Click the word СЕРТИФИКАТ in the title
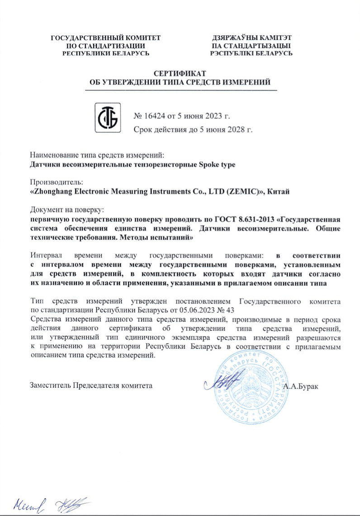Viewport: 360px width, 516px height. (x=180, y=74)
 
